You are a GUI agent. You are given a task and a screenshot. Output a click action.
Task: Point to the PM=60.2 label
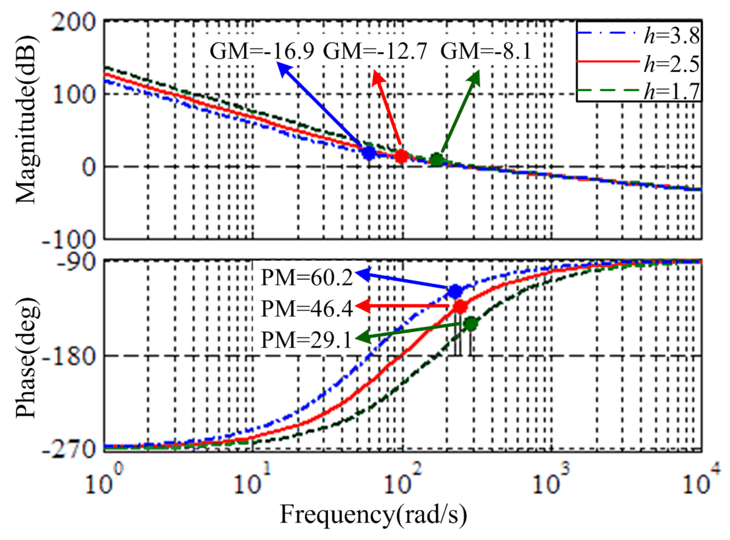click(306, 277)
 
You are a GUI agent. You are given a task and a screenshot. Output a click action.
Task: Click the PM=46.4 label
click(306, 308)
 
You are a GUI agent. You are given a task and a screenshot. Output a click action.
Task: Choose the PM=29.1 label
click(306, 339)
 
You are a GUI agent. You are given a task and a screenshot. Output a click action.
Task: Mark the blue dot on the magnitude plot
click(369, 153)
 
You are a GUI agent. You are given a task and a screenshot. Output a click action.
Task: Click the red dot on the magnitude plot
click(401, 156)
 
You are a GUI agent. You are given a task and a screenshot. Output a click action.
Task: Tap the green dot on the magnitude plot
click(437, 160)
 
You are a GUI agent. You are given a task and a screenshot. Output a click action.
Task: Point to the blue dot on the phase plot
click(455, 291)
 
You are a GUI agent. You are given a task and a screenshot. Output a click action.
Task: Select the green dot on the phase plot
click(471, 324)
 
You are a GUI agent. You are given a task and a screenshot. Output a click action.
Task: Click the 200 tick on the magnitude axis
click(73, 22)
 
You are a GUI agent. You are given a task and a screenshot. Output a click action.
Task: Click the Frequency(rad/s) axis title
click(373, 515)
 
